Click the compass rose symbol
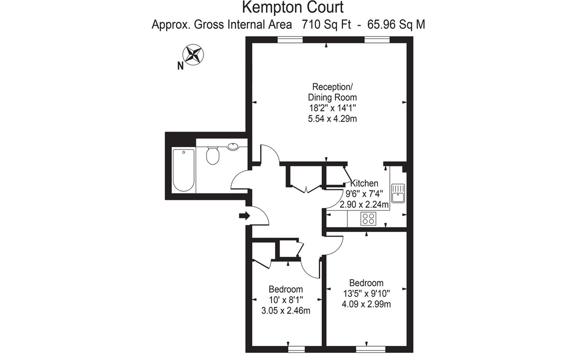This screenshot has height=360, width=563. click(x=193, y=55)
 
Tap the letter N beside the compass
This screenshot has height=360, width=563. click(x=181, y=66)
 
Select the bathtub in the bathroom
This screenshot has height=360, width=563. click(x=184, y=170)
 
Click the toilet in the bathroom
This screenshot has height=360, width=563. click(x=213, y=156)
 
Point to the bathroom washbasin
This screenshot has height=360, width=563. click(x=233, y=146)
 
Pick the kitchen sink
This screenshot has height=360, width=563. click(x=398, y=193)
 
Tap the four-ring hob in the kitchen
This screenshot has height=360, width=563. click(x=368, y=218)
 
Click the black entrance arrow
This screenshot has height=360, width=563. click(x=244, y=216)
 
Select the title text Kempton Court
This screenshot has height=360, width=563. click(x=293, y=7)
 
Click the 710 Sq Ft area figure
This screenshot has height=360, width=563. click(x=326, y=25)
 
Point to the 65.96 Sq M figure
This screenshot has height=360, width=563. click(x=396, y=25)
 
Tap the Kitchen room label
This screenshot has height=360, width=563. click(x=364, y=183)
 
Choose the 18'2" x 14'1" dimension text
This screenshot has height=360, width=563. click(x=332, y=108)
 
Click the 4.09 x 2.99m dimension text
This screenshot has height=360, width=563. click(x=366, y=304)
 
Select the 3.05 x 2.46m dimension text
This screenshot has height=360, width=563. click(x=286, y=311)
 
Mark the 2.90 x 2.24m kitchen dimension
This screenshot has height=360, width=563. click(x=364, y=205)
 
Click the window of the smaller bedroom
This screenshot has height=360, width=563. click(x=296, y=349)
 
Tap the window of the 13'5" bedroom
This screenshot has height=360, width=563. click(x=371, y=349)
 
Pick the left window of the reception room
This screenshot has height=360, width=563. click(x=290, y=40)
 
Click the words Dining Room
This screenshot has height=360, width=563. click(x=332, y=97)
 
